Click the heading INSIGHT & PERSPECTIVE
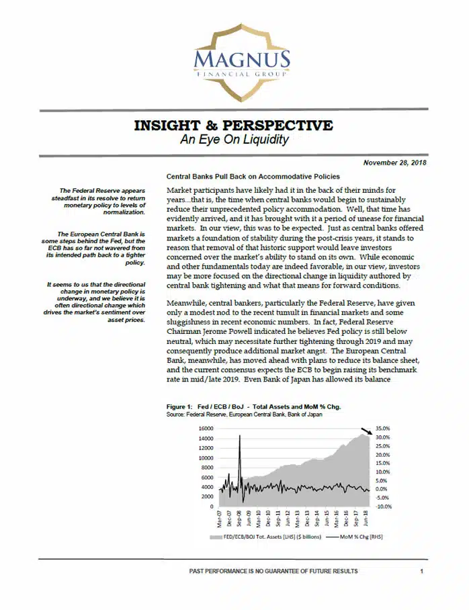tap(233, 126)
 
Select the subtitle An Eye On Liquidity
tap(234, 140)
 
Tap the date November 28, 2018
tap(395, 163)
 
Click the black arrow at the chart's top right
tap(364, 431)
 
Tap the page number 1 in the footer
tap(421, 571)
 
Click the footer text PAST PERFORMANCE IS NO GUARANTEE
tap(273, 571)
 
